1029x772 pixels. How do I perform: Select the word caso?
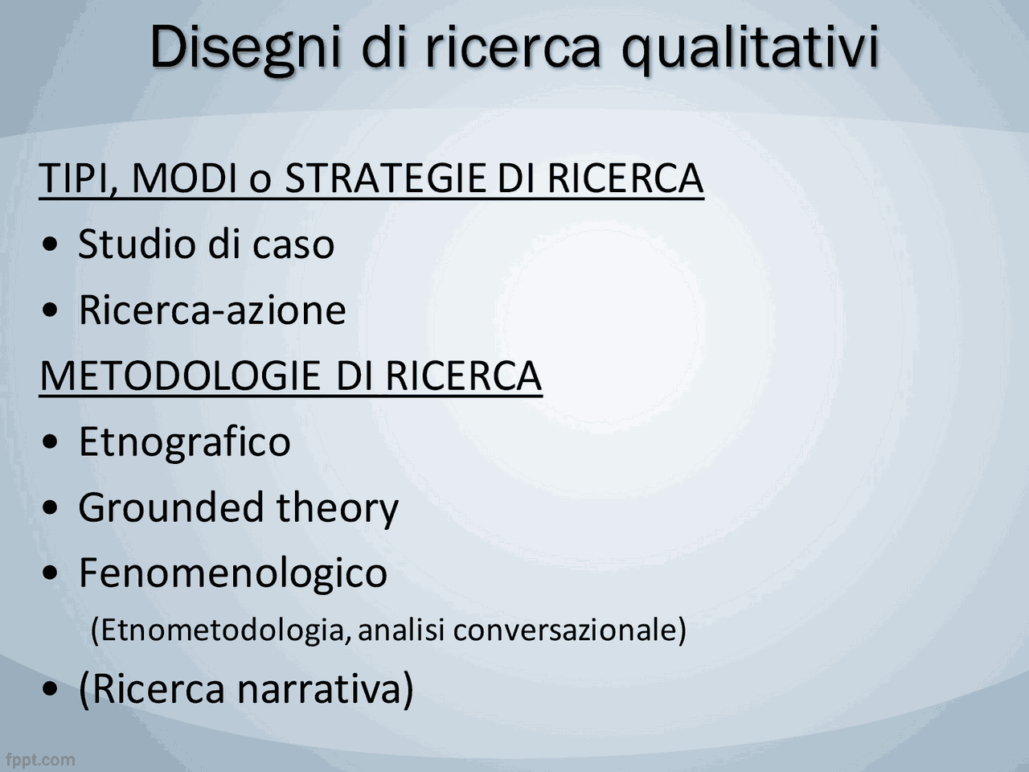click(x=293, y=244)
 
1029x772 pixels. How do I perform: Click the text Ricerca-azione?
click(x=211, y=310)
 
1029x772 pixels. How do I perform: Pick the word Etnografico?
click(x=184, y=441)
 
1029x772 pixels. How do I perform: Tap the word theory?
click(x=337, y=507)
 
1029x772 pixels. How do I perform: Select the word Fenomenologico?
click(x=232, y=573)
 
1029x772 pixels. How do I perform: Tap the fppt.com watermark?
click(x=40, y=760)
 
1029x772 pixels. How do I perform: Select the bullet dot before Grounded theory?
click(x=51, y=509)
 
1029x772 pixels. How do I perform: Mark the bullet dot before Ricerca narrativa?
click(x=51, y=690)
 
